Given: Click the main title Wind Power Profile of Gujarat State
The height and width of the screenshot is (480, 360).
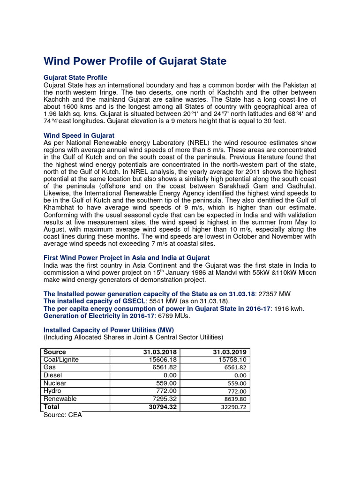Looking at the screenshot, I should pos(135,61).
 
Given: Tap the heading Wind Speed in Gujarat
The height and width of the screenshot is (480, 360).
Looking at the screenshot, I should pos(79,135).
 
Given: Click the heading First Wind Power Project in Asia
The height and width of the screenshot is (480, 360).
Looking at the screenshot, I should pos(127,258).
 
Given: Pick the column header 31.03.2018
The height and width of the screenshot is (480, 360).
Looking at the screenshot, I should pos(161,352).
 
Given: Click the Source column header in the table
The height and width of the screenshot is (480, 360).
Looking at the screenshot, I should pos(54,352).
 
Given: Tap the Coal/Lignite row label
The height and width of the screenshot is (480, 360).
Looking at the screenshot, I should pos(61,360).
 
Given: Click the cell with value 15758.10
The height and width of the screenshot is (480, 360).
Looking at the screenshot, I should pos(232,360).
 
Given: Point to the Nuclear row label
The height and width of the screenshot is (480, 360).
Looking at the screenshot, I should pos(54,383).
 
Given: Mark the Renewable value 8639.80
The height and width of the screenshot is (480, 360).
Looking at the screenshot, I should pos(233,399).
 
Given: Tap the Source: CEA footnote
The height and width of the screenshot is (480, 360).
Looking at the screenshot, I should pos(62,415).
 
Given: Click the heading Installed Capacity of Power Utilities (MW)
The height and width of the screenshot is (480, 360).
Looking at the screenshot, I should pos(108,330).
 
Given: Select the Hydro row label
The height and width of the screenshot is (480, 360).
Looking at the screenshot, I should pos(52,391).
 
